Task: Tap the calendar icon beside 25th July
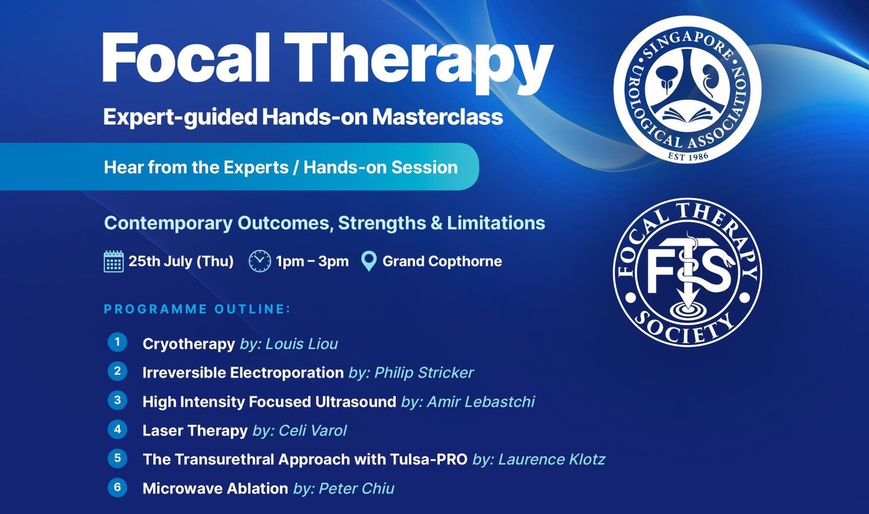pyautogui.click(x=114, y=261)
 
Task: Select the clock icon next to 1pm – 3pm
pyautogui.click(x=260, y=261)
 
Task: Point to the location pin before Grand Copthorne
pyautogui.click(x=368, y=261)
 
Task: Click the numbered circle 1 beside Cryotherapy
pyautogui.click(x=117, y=342)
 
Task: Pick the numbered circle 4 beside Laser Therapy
pyautogui.click(x=117, y=430)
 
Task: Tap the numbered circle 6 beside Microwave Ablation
pyautogui.click(x=117, y=487)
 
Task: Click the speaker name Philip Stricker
pyautogui.click(x=424, y=373)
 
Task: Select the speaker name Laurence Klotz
pyautogui.click(x=551, y=459)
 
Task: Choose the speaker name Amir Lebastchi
pyautogui.click(x=481, y=402)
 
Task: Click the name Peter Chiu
pyautogui.click(x=357, y=489)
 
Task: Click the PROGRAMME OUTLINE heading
pyautogui.click(x=197, y=309)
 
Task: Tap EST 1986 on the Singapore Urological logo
pyautogui.click(x=688, y=156)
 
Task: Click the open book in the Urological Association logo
pyautogui.click(x=687, y=114)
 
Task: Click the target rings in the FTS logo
pyautogui.click(x=687, y=312)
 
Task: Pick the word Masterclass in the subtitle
pyautogui.click(x=437, y=117)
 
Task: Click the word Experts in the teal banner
pyautogui.click(x=256, y=167)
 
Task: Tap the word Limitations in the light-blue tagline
pyautogui.click(x=496, y=223)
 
